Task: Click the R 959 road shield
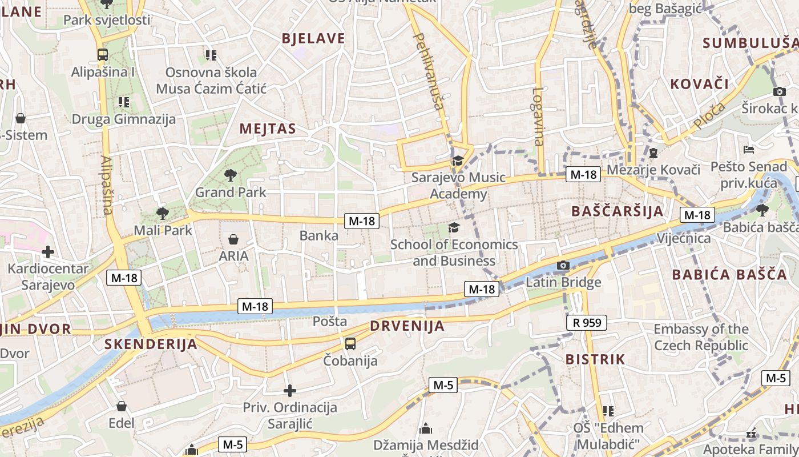pyautogui.click(x=587, y=323)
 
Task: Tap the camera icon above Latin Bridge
pyautogui.click(x=563, y=265)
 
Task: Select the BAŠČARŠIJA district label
pyautogui.click(x=618, y=211)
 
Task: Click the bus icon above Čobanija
pyautogui.click(x=350, y=344)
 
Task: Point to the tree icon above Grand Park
pyautogui.click(x=231, y=175)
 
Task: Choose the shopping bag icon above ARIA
pyautogui.click(x=233, y=239)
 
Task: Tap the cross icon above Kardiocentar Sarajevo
pyautogui.click(x=48, y=251)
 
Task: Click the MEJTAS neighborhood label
pyautogui.click(x=268, y=129)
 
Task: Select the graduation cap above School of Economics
pyautogui.click(x=454, y=228)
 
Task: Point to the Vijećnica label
pyautogui.click(x=684, y=238)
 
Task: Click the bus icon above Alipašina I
pyautogui.click(x=103, y=55)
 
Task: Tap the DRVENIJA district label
pyautogui.click(x=407, y=326)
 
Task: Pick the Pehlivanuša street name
pyautogui.click(x=429, y=71)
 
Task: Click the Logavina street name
pyautogui.click(x=538, y=117)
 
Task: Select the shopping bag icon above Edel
pyautogui.click(x=122, y=406)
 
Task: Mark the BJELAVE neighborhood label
pyautogui.click(x=313, y=38)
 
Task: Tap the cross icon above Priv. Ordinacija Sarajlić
pyautogui.click(x=290, y=391)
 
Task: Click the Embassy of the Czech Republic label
pyautogui.click(x=701, y=337)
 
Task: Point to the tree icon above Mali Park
pyautogui.click(x=163, y=214)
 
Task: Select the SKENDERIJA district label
pyautogui.click(x=151, y=344)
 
